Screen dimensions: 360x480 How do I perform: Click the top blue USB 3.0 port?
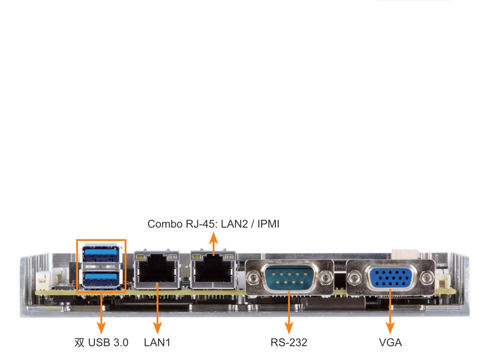coord(101,254)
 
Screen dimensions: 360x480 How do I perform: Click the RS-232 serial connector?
coord(289,278)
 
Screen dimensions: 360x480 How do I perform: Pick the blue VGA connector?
coord(390,278)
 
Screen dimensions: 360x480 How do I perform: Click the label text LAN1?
coord(157,343)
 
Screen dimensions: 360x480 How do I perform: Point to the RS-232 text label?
coord(289,343)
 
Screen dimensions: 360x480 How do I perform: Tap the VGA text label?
coord(390,343)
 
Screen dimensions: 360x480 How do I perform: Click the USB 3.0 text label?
coord(108,343)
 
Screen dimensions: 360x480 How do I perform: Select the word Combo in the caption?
coord(163,224)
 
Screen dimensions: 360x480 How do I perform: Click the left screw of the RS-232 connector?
coord(252,278)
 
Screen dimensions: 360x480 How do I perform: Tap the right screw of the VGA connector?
coord(426,278)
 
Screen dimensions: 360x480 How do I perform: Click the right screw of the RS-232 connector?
coord(326,278)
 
